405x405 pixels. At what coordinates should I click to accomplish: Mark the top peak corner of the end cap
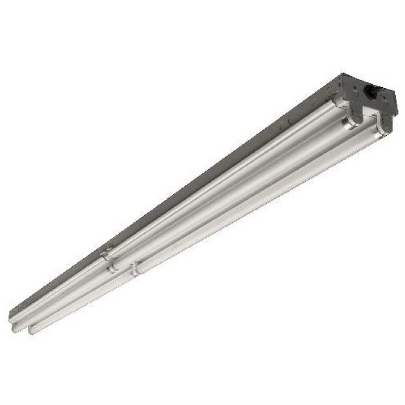pyautogui.click(x=343, y=73)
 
